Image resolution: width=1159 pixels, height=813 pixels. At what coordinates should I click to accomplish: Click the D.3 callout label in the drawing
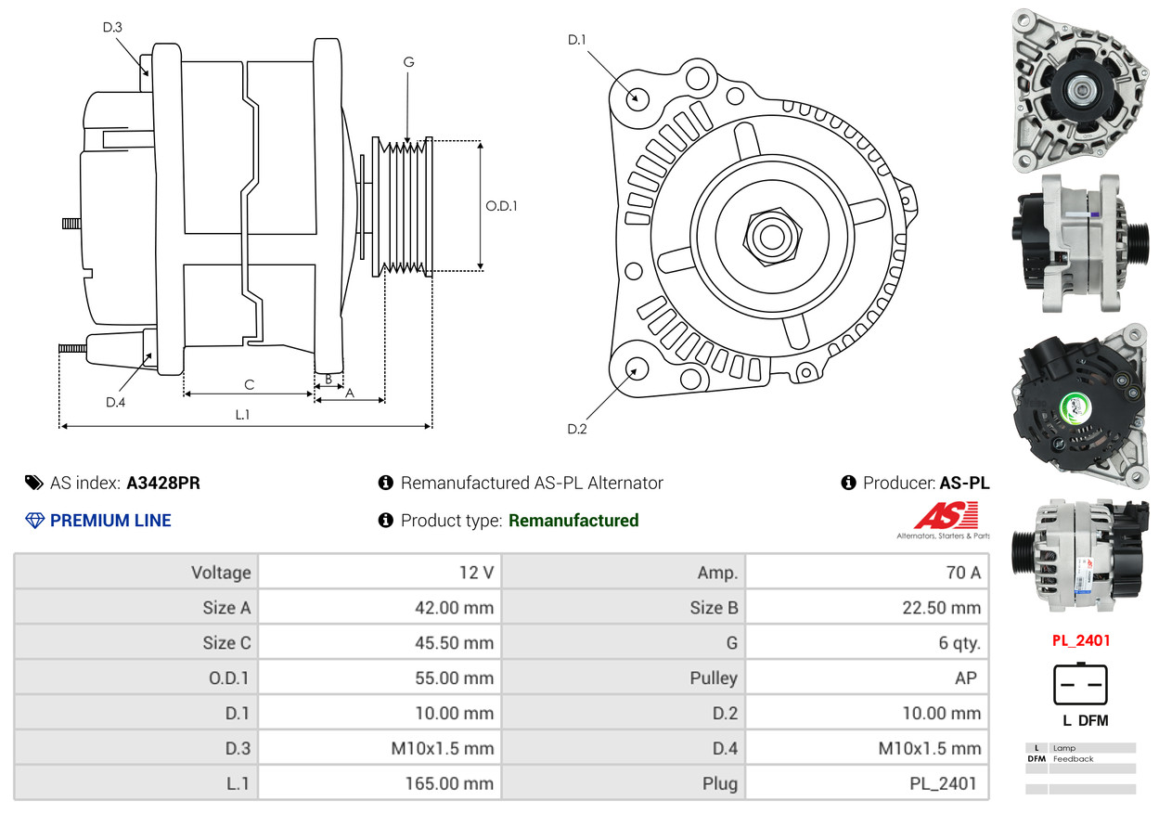click(x=112, y=27)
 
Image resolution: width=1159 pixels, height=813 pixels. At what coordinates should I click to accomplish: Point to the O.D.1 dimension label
click(x=501, y=206)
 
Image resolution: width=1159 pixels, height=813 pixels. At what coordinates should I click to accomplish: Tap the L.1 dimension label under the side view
click(x=242, y=415)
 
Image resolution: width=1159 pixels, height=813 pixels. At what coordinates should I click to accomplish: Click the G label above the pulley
click(x=408, y=62)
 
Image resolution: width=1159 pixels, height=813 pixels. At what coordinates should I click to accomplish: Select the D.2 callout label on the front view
click(x=577, y=429)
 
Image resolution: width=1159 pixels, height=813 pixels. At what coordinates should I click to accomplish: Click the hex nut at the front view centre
click(x=770, y=236)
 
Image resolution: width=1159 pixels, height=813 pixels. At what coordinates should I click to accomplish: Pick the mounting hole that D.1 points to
click(x=637, y=97)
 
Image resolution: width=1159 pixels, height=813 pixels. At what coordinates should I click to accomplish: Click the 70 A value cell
click(x=962, y=573)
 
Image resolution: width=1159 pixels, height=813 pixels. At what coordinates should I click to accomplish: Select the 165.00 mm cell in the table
click(x=449, y=783)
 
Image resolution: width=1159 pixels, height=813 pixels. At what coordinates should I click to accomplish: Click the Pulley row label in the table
click(x=714, y=678)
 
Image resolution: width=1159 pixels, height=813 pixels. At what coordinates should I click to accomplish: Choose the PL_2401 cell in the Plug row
click(x=943, y=783)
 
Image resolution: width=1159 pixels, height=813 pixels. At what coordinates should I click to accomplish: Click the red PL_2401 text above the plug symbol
click(x=1080, y=640)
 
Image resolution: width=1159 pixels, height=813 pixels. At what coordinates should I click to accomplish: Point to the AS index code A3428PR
click(x=163, y=483)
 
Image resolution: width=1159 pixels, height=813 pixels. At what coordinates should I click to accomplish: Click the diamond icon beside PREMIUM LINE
click(x=34, y=521)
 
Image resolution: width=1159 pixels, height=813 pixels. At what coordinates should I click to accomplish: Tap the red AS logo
click(x=946, y=515)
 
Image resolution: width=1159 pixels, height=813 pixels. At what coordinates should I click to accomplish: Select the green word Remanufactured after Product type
click(x=573, y=521)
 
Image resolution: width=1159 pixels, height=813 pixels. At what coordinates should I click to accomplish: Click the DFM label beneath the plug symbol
click(x=1094, y=720)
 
